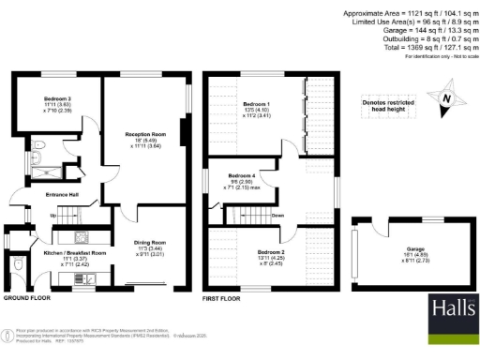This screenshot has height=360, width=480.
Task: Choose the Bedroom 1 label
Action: (x=256, y=104)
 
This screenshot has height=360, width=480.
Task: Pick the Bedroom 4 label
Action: (x=243, y=176)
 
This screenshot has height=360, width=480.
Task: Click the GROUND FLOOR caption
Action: (x=25, y=297)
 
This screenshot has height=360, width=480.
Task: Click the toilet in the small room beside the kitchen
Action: (x=20, y=266)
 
